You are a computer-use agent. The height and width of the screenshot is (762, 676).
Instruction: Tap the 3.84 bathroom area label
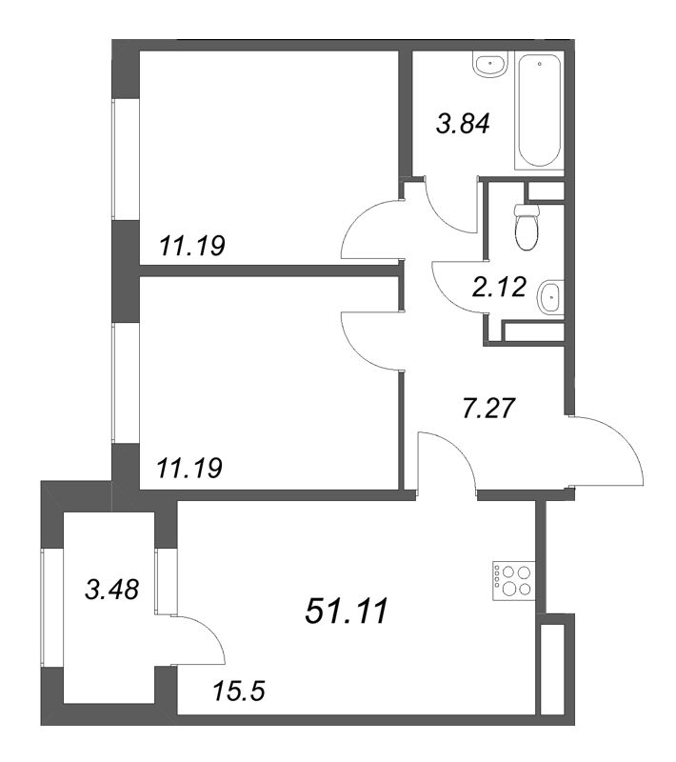tap(463, 124)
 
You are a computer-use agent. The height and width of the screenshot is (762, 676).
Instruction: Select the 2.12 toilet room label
tap(499, 287)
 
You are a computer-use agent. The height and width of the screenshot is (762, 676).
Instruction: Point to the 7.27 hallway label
tap(487, 409)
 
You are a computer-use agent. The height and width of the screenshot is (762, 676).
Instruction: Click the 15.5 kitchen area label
tap(239, 692)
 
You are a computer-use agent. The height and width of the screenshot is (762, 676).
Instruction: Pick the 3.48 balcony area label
tap(111, 590)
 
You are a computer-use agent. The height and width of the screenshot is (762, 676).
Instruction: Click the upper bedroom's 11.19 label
tap(192, 246)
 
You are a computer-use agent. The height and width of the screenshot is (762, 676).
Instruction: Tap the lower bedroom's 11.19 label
tap(189, 468)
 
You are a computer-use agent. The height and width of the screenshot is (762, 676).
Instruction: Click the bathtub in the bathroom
tap(539, 111)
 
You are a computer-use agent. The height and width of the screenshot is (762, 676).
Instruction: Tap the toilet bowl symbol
tap(527, 227)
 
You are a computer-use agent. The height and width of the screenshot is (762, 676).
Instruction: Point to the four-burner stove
tap(514, 581)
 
